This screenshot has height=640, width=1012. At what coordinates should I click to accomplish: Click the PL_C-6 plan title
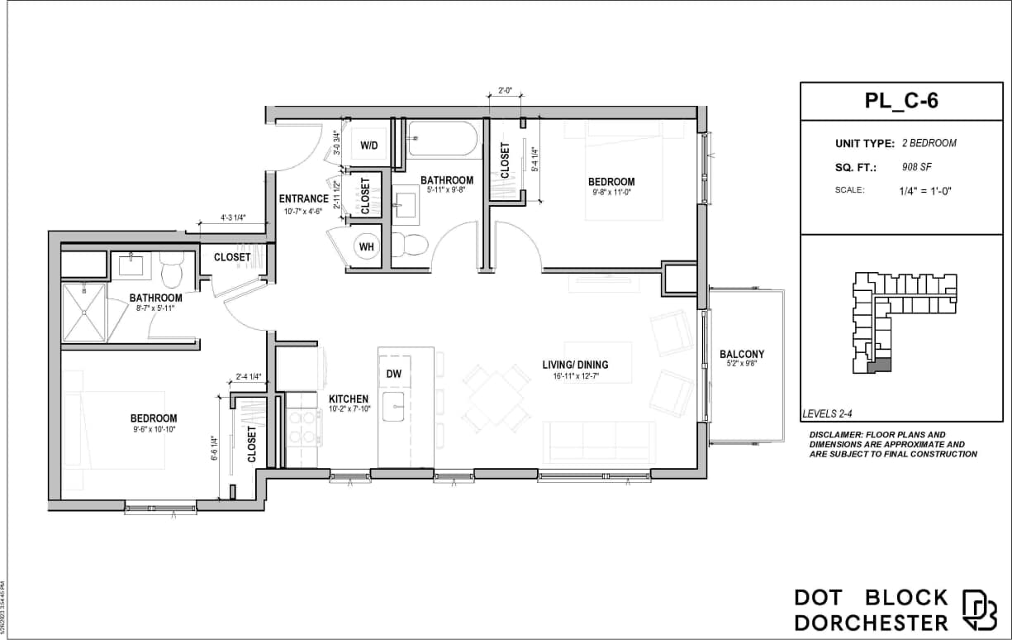(900, 102)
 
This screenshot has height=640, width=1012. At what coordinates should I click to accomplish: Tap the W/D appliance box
(368, 146)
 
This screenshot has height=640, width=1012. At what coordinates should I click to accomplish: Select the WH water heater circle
(366, 245)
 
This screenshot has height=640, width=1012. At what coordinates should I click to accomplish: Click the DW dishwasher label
(394, 374)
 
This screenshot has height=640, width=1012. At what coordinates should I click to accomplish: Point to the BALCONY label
(742, 354)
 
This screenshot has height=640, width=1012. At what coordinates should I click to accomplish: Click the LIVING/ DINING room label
(575, 365)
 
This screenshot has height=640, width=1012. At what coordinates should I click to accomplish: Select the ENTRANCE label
(303, 198)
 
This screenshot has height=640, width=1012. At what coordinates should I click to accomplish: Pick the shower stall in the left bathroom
(84, 312)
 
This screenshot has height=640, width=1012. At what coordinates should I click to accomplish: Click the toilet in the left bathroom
(172, 269)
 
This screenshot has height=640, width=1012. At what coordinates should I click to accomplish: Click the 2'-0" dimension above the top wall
(506, 91)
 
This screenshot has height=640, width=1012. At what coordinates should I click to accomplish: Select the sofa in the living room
(600, 440)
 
